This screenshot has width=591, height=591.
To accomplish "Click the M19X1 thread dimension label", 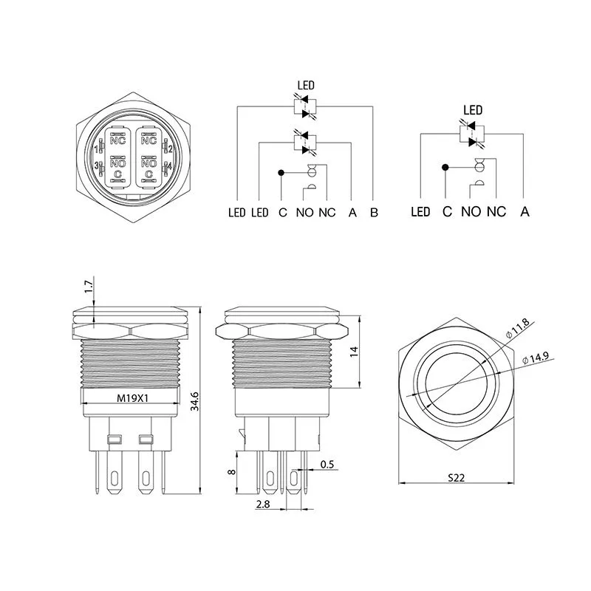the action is pos(132,398).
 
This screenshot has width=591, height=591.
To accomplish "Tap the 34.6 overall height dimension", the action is pos(194,401).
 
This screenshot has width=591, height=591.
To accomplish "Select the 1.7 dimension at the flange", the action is pos(88,287).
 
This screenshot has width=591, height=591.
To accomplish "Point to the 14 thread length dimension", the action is pos(354,352).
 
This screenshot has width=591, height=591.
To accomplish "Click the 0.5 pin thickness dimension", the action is pos(327,465).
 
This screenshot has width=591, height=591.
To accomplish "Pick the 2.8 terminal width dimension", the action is pos(263,504).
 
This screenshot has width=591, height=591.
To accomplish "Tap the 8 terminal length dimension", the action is pos(231,471).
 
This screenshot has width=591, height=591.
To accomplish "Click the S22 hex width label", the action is pos(456,478).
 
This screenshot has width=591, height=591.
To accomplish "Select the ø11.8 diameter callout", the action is pos(518,328).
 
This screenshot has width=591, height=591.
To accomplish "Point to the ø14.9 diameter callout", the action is pos(536,358).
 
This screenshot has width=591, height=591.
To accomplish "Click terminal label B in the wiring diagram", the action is pos(374,213).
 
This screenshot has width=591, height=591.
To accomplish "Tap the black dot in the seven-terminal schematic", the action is pos(281,173).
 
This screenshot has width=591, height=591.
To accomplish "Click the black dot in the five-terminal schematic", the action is pos(445,168).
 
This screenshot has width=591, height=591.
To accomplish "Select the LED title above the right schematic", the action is pos(473,110).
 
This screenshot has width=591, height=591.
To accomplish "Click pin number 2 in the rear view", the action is pos(171,149).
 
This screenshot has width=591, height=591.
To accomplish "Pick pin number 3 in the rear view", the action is pos(97,165).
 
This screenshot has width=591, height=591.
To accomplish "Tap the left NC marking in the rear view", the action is pos(117,140).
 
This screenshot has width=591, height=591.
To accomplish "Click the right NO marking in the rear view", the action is pos(148,163).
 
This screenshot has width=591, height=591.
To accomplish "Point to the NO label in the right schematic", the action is pos(471,212).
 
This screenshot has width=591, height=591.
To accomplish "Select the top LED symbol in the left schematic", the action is pos(305,106).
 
